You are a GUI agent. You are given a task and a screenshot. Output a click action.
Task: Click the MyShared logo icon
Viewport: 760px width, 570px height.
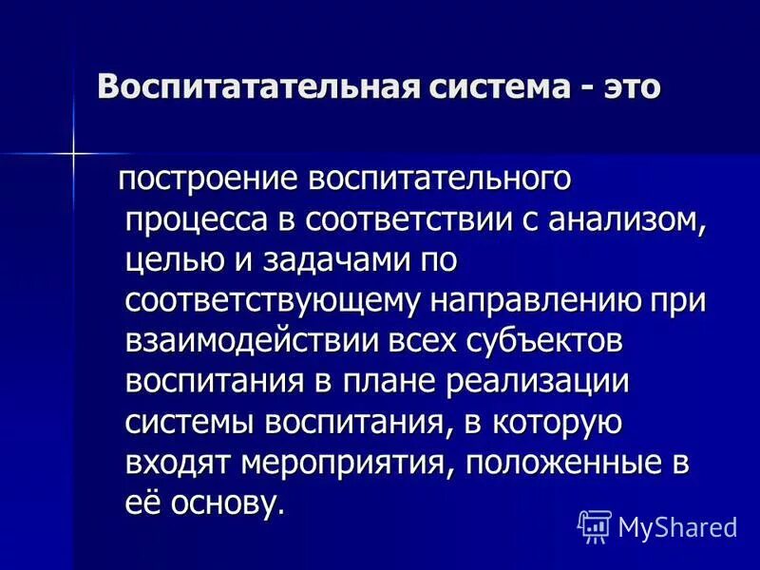pyautogui.click(x=595, y=524)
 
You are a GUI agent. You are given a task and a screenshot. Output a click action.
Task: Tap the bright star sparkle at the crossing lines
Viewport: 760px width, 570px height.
pyautogui.click(x=73, y=151)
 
